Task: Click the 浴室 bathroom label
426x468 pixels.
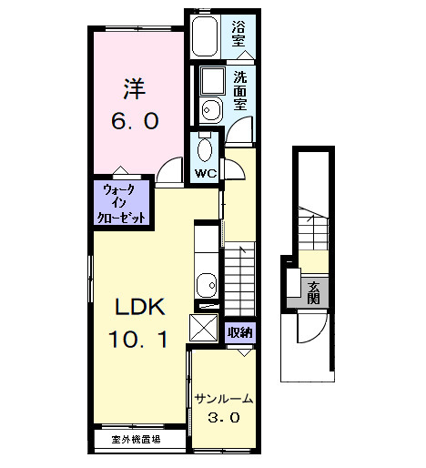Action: coord(238,35)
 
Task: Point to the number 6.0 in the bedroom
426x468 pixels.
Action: coord(137,119)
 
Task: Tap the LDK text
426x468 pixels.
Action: coord(137,306)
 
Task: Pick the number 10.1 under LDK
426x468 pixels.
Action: coord(137,341)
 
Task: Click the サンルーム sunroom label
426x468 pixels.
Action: coord(222,399)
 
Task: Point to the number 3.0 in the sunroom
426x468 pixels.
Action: coord(222,419)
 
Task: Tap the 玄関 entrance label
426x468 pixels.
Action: coord(313,292)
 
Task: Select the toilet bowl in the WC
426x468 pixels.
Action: coord(205,148)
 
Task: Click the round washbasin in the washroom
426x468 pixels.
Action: coord(209,111)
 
